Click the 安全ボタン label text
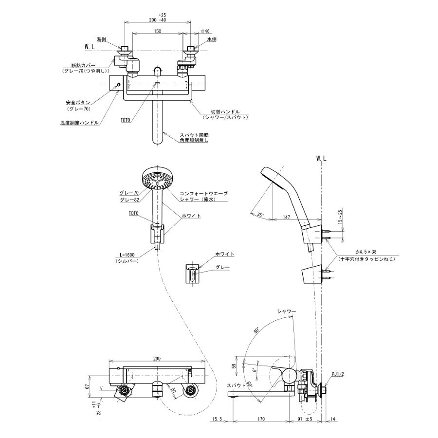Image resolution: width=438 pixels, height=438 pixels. [x=76, y=103]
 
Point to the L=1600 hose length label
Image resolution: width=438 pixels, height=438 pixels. [x=127, y=255]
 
